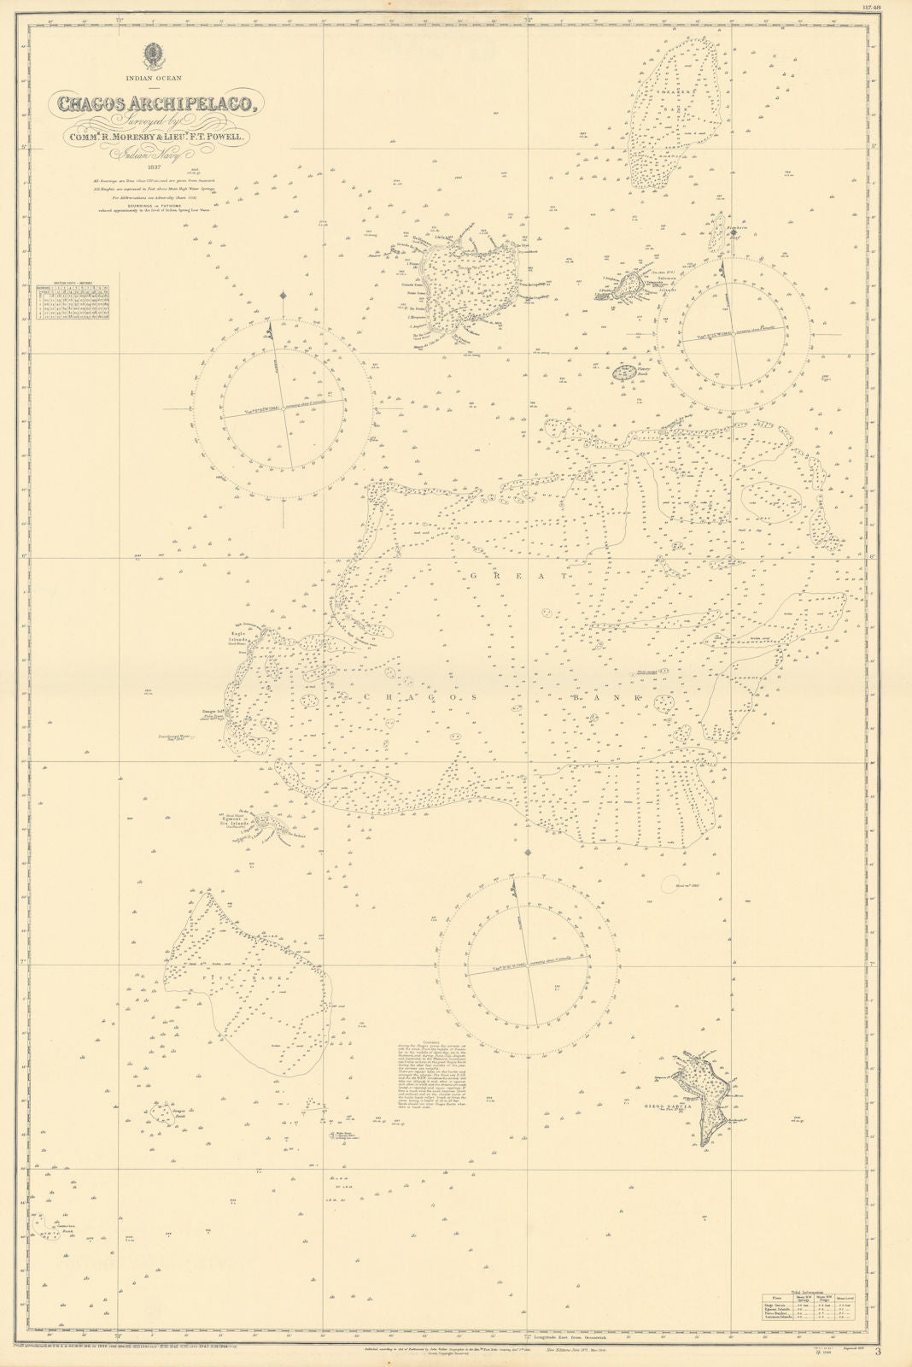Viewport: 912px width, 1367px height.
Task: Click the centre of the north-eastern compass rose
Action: tap(734, 330)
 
